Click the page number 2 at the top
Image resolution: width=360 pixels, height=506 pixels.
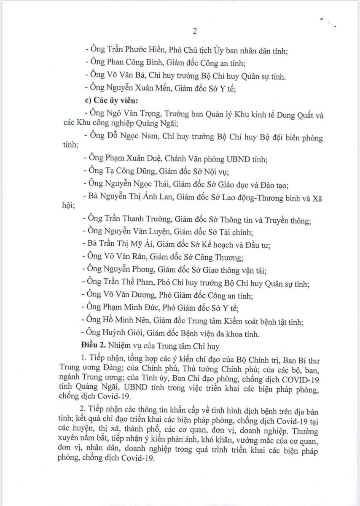click(195, 31)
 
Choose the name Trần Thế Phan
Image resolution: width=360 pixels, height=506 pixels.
click(129, 285)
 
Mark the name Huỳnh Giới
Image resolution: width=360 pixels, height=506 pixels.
click(120, 334)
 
